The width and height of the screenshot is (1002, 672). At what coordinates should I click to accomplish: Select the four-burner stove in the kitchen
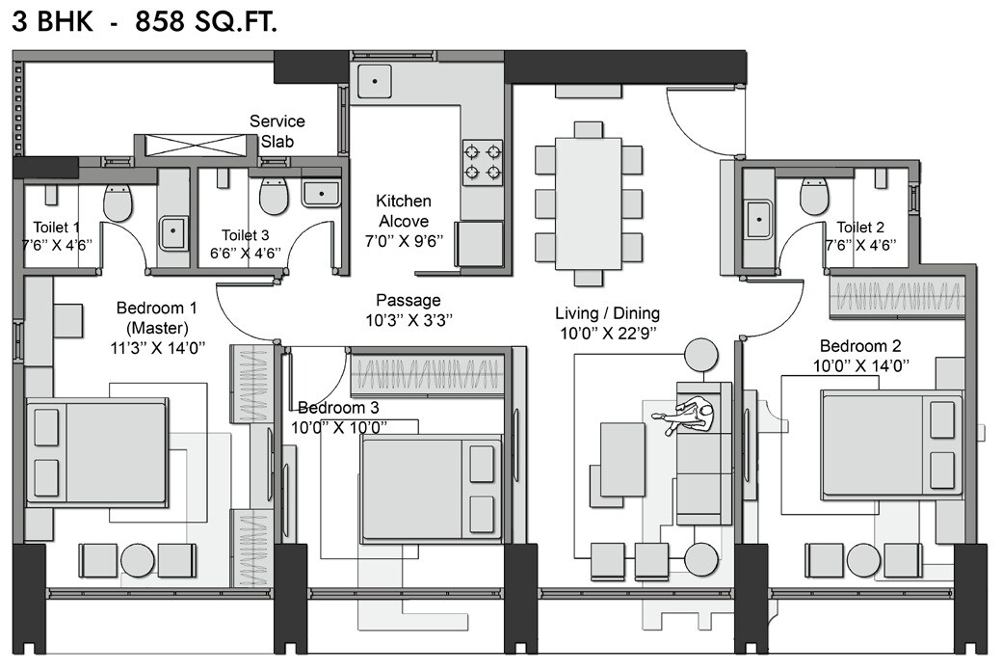click(x=483, y=162)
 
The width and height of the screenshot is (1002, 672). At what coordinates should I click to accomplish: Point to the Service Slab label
click(x=277, y=131)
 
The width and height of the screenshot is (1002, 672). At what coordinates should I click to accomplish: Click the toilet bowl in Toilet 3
click(x=275, y=198)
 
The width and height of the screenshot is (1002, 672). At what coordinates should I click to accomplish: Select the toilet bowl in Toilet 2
click(x=815, y=198)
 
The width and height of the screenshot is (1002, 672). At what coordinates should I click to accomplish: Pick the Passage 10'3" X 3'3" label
click(x=409, y=309)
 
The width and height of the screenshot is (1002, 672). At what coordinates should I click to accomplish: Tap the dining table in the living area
click(x=587, y=203)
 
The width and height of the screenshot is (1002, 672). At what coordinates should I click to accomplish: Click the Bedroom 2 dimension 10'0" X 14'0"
click(x=860, y=364)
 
